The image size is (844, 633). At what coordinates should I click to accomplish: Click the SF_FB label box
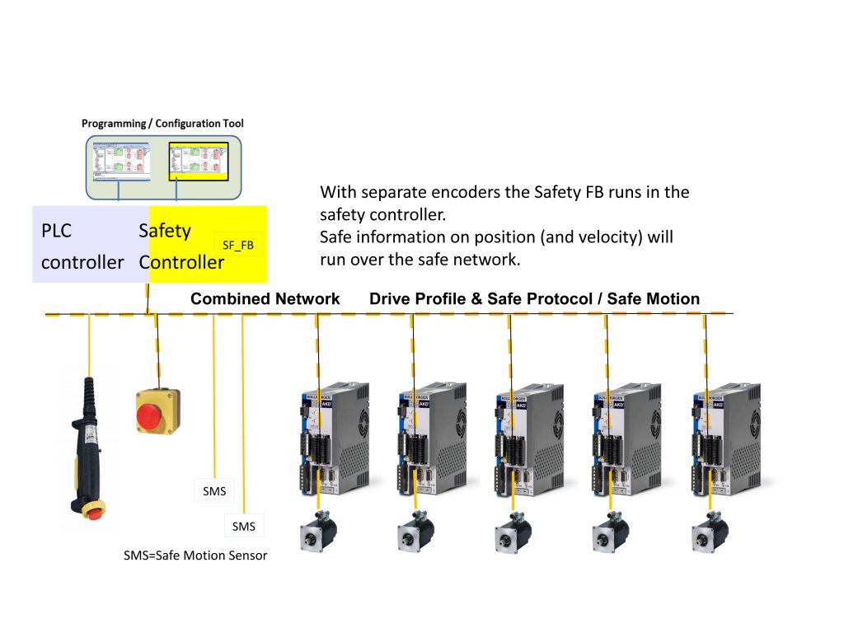pyautogui.click(x=238, y=244)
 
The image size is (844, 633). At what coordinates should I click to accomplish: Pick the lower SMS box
pyautogui.click(x=244, y=526)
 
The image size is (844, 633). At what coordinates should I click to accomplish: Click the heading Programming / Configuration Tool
pyautogui.click(x=162, y=124)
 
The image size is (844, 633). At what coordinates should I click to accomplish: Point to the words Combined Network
pyautogui.click(x=265, y=299)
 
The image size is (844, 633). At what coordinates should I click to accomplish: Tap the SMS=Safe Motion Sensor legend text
pyautogui.click(x=195, y=556)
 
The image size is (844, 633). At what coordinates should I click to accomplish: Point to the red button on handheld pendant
pyautogui.click(x=95, y=513)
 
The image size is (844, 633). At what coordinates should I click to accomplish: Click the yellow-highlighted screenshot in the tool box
pyautogui.click(x=197, y=161)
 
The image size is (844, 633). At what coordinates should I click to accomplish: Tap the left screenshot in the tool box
pyautogui.click(x=120, y=161)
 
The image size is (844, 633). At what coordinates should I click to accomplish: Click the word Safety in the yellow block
pyautogui.click(x=165, y=231)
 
